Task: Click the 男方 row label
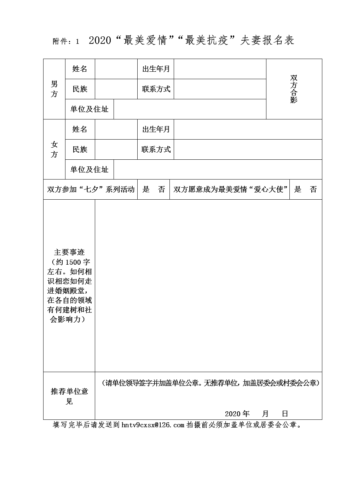coord(54,89)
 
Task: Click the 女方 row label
coord(54,149)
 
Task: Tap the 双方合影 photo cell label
coord(294,89)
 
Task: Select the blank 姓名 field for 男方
coord(116,69)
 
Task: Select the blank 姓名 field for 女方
coord(116,129)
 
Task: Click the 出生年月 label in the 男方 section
coord(156,69)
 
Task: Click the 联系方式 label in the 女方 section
coord(156,149)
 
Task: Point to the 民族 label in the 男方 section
coord(80,89)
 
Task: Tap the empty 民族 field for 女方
coord(116,149)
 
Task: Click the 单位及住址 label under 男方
coord(89,109)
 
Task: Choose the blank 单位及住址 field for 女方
coord(218,170)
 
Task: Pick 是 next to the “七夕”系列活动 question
coord(146,189)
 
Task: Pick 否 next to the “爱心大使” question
coord(313,189)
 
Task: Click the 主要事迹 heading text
coord(69,253)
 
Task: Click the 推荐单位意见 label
coord(69,396)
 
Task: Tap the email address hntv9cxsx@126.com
coord(153,425)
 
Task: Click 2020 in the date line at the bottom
coord(232,414)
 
